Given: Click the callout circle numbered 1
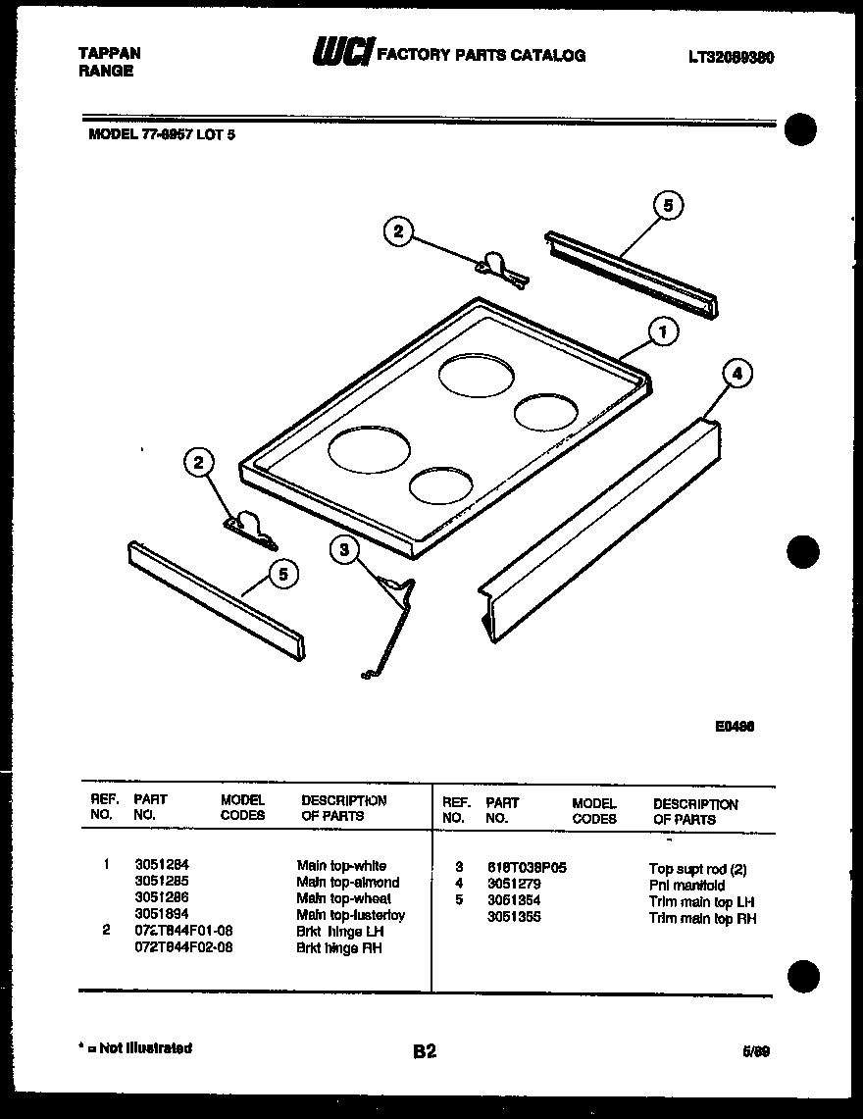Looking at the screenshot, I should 664,332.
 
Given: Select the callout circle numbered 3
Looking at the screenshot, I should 344,550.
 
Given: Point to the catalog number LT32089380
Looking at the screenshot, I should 732,58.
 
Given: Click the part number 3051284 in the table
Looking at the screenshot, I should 162,866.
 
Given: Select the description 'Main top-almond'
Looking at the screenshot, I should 348,883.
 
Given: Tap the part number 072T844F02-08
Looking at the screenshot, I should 183,948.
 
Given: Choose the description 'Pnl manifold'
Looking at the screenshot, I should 686,886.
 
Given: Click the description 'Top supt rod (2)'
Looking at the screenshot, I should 697,869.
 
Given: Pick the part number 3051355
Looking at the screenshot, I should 513,918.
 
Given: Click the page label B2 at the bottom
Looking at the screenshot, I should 424,1052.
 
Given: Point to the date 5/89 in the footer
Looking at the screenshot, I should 756,1051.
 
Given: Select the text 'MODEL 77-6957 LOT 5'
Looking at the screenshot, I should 162,135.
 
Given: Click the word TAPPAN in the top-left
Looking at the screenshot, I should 109,54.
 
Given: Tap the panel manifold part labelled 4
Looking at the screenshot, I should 598,530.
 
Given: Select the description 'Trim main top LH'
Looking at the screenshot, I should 701,902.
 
